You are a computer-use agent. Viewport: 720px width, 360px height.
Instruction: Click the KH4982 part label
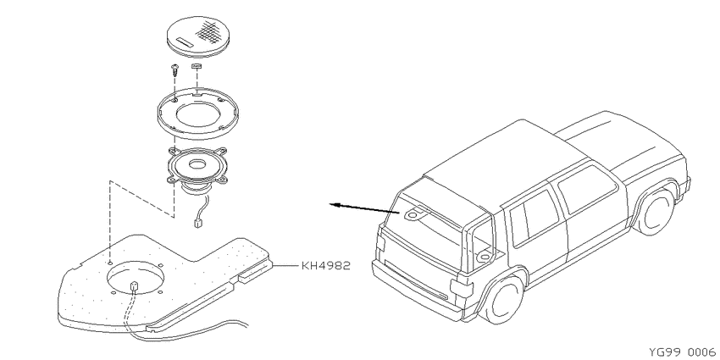coord(326,265)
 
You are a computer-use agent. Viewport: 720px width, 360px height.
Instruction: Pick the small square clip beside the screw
coord(196,67)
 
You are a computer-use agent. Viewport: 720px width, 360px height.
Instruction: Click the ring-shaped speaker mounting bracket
coord(197,113)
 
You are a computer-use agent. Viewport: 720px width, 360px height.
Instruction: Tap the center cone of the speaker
coord(198,163)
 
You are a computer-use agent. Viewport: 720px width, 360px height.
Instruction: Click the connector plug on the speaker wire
coord(197,224)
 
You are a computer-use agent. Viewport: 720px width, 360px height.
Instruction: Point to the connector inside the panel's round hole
coord(135,285)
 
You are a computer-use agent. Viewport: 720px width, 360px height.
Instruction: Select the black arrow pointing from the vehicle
coord(364,208)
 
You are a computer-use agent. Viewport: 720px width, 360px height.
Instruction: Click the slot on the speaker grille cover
coord(184,42)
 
